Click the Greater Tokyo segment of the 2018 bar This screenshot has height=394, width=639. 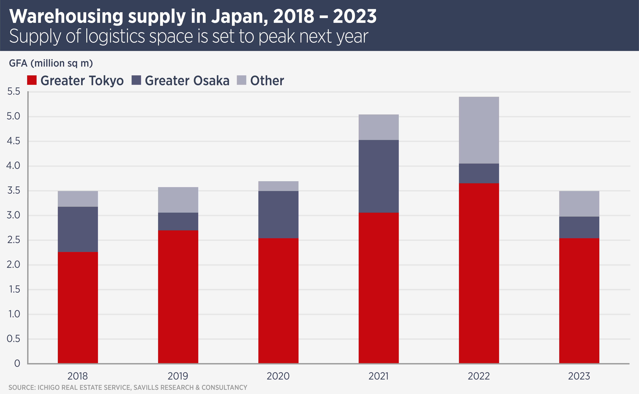point(78,307)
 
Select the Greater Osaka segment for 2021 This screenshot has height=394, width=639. point(378,176)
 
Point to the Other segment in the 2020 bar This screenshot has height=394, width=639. point(278,186)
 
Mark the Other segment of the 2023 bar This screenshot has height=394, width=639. point(579,204)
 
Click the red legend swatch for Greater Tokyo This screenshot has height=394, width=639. point(32,80)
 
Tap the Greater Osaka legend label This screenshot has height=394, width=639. point(187,81)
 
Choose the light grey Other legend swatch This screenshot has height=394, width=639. point(241,80)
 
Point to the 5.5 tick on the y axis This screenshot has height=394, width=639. point(14,91)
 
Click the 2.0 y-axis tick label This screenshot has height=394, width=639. point(14,265)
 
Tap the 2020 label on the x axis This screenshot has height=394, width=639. point(278,376)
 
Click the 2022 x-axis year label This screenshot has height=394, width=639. point(479,376)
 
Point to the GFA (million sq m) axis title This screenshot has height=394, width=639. point(51,63)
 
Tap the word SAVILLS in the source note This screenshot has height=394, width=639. point(147,388)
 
